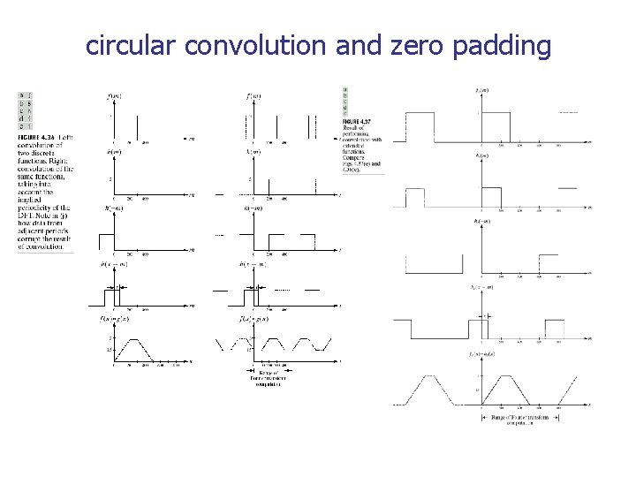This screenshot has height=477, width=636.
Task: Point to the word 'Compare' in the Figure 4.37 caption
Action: (x=356, y=157)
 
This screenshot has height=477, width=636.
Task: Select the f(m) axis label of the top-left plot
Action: (x=115, y=95)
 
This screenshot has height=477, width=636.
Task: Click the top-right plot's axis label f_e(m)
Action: (x=481, y=90)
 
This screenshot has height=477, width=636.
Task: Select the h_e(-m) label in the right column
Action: (x=482, y=220)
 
